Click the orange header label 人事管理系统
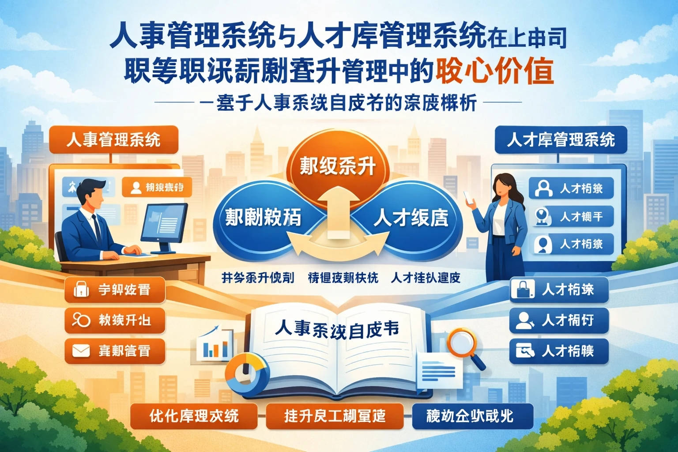click(113, 140)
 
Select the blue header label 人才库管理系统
click(561, 140)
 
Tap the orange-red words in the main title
click(494, 71)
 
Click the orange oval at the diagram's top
click(338, 166)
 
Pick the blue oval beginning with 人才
click(411, 218)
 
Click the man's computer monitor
click(164, 223)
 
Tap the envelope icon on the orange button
click(81, 351)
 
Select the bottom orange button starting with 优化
click(194, 416)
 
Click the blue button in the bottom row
click(472, 416)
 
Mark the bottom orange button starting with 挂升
click(335, 416)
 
